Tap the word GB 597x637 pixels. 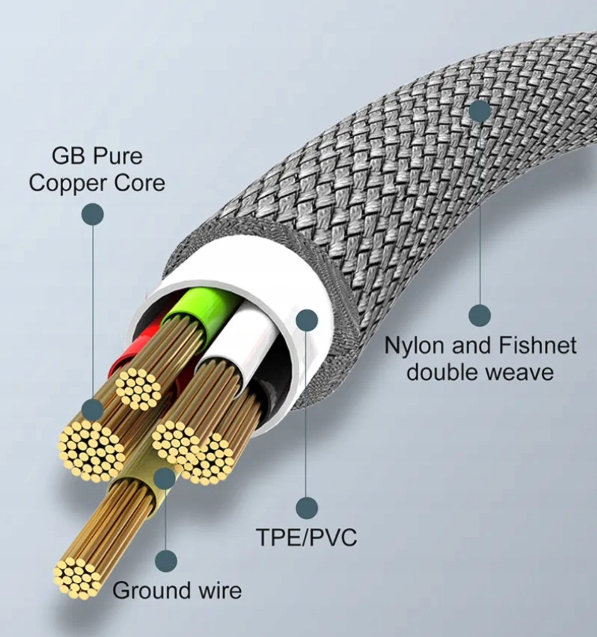point(67,156)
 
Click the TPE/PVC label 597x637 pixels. point(306,537)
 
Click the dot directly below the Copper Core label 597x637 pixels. point(93,214)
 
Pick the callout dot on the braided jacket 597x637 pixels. point(480,111)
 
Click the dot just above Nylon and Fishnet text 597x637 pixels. point(480,315)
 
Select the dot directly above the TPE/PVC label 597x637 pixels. point(306,508)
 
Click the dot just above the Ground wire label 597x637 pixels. point(166,561)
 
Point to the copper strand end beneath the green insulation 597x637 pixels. point(138,389)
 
